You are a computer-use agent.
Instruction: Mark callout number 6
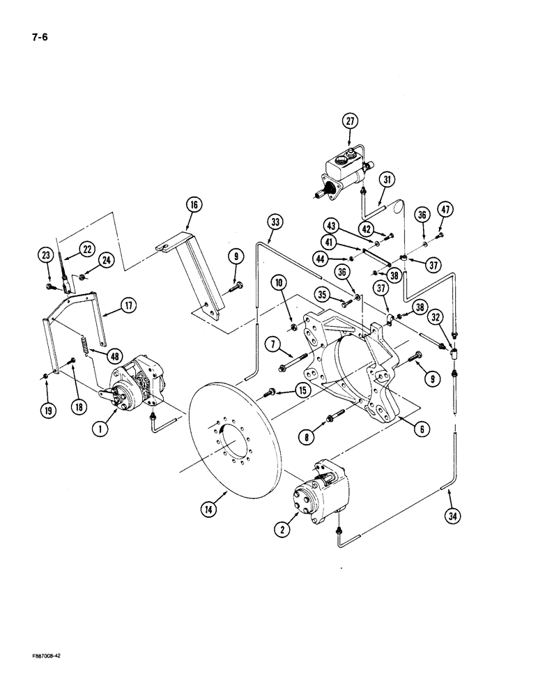[x=422, y=430]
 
